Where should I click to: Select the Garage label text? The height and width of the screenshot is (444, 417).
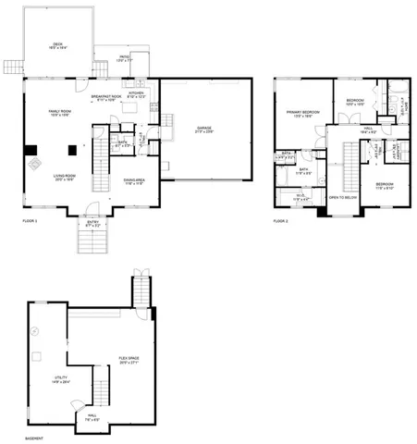pyautogui.click(x=204, y=129)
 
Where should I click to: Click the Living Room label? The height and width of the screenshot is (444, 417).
pyautogui.click(x=63, y=179)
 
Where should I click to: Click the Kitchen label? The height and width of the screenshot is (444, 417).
pyautogui.click(x=135, y=94)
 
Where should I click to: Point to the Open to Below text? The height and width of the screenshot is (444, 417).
pyautogui.click(x=343, y=197)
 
